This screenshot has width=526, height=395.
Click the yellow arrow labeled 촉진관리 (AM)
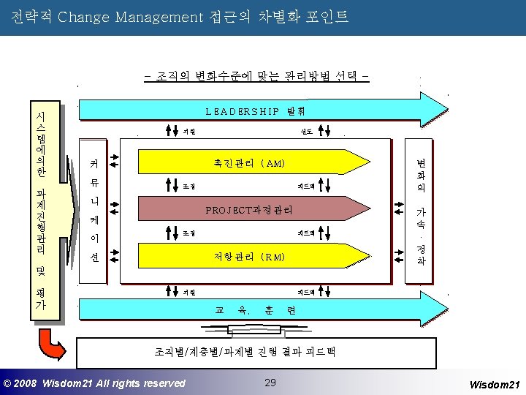click(248, 162)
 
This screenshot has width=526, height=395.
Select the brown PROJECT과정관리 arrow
click(249, 210)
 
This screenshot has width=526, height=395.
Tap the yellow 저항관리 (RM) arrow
click(249, 257)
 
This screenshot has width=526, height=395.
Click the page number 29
click(270, 383)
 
